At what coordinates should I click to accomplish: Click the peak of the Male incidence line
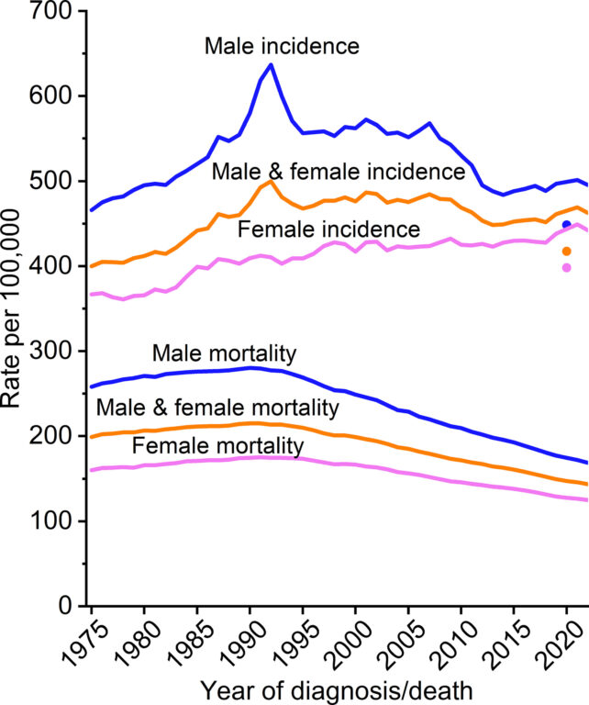(x=271, y=64)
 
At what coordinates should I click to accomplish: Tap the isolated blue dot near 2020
(x=566, y=225)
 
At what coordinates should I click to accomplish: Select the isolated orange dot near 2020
(x=566, y=251)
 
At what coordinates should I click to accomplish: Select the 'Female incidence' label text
(x=317, y=227)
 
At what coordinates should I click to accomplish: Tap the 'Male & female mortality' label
(x=217, y=407)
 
